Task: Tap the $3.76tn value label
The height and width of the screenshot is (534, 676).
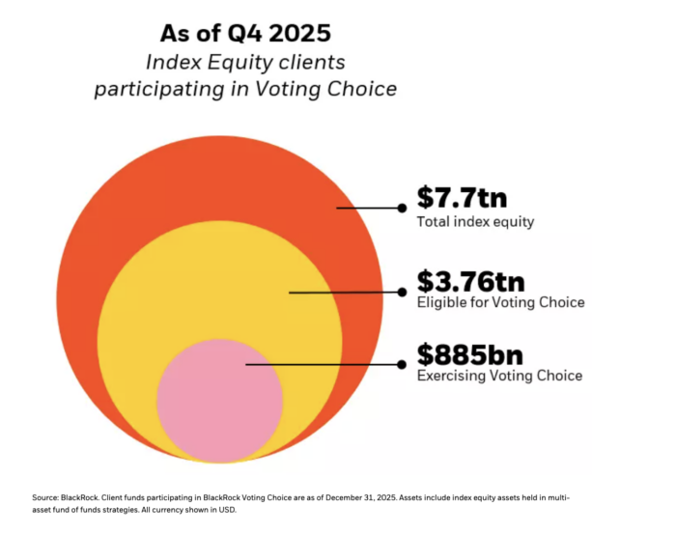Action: click(x=470, y=281)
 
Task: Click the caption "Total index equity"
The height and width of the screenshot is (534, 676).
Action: click(x=475, y=222)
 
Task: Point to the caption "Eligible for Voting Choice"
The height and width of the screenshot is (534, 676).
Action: click(x=500, y=302)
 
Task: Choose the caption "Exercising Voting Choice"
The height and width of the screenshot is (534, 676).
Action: click(x=499, y=376)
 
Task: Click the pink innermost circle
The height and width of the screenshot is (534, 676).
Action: click(x=219, y=401)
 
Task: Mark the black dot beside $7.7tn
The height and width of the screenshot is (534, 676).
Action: click(x=402, y=207)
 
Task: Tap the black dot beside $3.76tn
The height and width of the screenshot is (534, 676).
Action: click(x=402, y=291)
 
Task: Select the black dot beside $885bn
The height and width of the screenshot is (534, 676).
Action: click(x=402, y=364)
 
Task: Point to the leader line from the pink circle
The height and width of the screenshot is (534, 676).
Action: click(x=324, y=364)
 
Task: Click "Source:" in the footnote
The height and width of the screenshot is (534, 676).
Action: click(x=48, y=497)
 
